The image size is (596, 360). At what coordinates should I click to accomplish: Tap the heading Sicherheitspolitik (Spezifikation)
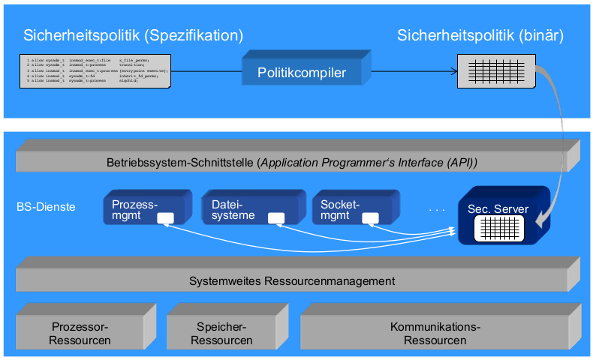[x=134, y=35]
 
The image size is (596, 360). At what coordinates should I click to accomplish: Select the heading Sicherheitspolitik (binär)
[x=480, y=35]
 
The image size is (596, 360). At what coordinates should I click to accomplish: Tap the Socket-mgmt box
[x=350, y=209]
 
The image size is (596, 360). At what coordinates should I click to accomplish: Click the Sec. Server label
[x=498, y=208]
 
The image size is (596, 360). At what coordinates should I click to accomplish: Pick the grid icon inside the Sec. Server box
[x=498, y=228]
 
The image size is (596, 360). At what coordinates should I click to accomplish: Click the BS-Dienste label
[x=46, y=206]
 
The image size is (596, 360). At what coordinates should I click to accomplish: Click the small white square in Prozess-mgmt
[x=165, y=218]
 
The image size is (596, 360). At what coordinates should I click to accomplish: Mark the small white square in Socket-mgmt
[x=371, y=218]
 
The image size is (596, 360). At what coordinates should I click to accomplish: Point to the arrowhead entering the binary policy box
[x=453, y=72]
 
